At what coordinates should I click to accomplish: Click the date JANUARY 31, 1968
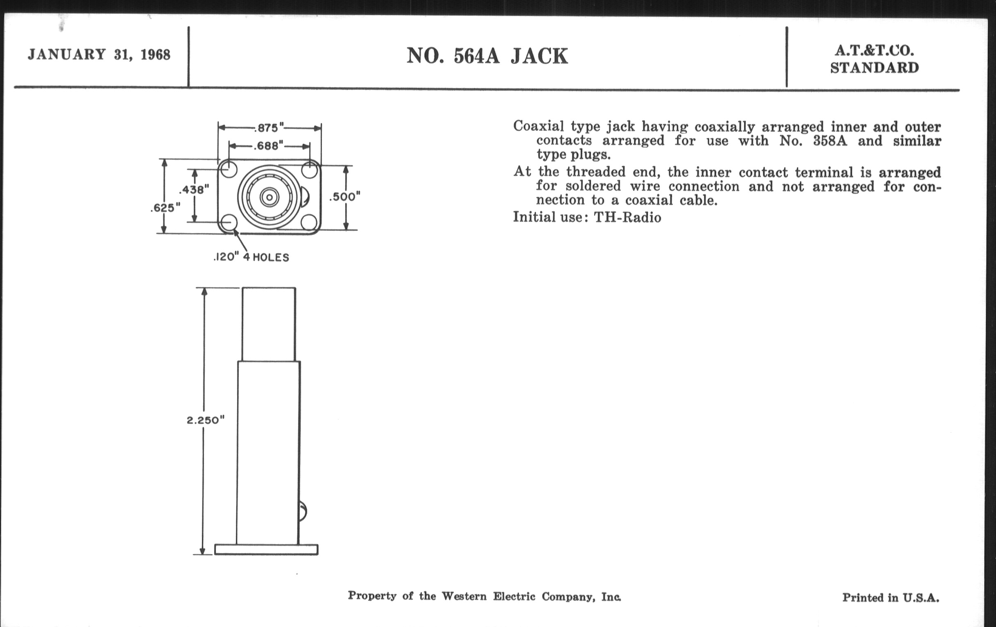pyautogui.click(x=99, y=55)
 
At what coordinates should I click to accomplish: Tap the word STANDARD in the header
pyautogui.click(x=874, y=68)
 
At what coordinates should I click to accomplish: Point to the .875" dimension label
pyautogui.click(x=269, y=127)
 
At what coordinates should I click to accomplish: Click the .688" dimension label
pyautogui.click(x=268, y=145)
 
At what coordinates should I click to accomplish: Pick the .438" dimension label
pyautogui.click(x=194, y=190)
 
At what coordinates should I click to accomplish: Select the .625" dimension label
pyautogui.click(x=165, y=207)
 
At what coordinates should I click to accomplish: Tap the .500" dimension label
pyautogui.click(x=344, y=197)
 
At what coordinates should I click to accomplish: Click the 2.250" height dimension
pyautogui.click(x=205, y=420)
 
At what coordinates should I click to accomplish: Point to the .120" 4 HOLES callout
pyautogui.click(x=251, y=257)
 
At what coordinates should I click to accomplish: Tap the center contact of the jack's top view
pyautogui.click(x=269, y=198)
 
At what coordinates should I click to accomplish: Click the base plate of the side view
pyautogui.click(x=266, y=550)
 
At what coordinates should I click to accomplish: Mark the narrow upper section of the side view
pyautogui.click(x=269, y=324)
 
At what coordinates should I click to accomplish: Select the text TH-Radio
pyautogui.click(x=627, y=217)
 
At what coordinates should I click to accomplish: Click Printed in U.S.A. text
pyautogui.click(x=890, y=597)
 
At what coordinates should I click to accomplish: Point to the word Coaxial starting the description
pyautogui.click(x=539, y=126)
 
